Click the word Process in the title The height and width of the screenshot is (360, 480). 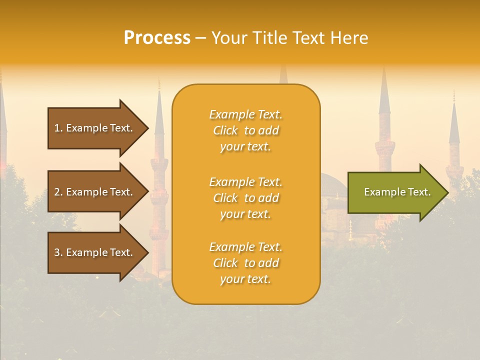pyautogui.click(x=157, y=38)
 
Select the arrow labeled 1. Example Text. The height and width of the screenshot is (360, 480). pyautogui.click(x=95, y=128)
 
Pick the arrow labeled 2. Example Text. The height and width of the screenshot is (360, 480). pyautogui.click(x=95, y=192)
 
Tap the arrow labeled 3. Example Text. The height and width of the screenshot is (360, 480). pyautogui.click(x=95, y=252)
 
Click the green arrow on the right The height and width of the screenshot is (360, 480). pyautogui.click(x=395, y=192)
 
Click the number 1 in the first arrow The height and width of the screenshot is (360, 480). pyautogui.click(x=57, y=128)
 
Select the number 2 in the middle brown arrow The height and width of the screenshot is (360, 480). pyautogui.click(x=57, y=192)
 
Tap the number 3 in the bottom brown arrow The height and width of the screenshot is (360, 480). pyautogui.click(x=57, y=252)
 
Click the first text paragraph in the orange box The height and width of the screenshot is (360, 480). pyautogui.click(x=245, y=130)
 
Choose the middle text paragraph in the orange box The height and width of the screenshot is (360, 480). pyautogui.click(x=245, y=198)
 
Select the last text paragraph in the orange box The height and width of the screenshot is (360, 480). pyautogui.click(x=245, y=263)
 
